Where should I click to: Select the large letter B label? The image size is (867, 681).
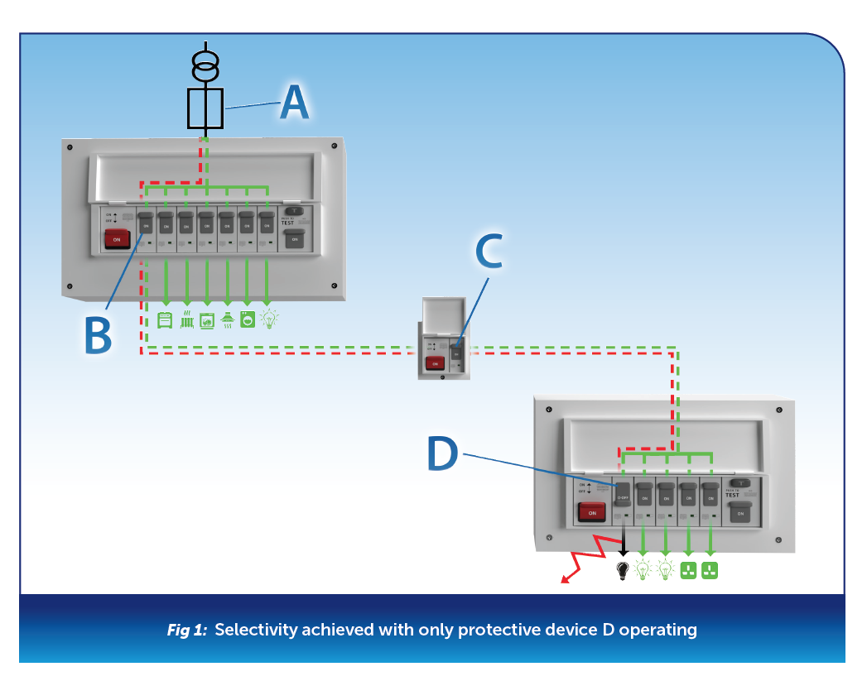(98, 335)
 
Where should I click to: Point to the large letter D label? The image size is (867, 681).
(442, 453)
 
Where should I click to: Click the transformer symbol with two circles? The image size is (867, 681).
(205, 65)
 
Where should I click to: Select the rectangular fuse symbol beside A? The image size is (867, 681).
(205, 108)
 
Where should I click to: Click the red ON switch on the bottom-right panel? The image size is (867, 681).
(591, 512)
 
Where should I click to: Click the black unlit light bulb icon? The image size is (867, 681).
(623, 571)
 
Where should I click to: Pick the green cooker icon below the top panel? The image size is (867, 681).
(166, 319)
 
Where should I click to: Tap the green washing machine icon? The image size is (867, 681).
(247, 319)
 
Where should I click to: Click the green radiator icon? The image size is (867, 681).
(186, 319)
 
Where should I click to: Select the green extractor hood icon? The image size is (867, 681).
(227, 319)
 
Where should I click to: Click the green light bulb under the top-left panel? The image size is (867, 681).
(267, 319)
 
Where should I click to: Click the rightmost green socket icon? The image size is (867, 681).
(710, 570)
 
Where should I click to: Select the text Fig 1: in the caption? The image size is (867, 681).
(189, 631)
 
